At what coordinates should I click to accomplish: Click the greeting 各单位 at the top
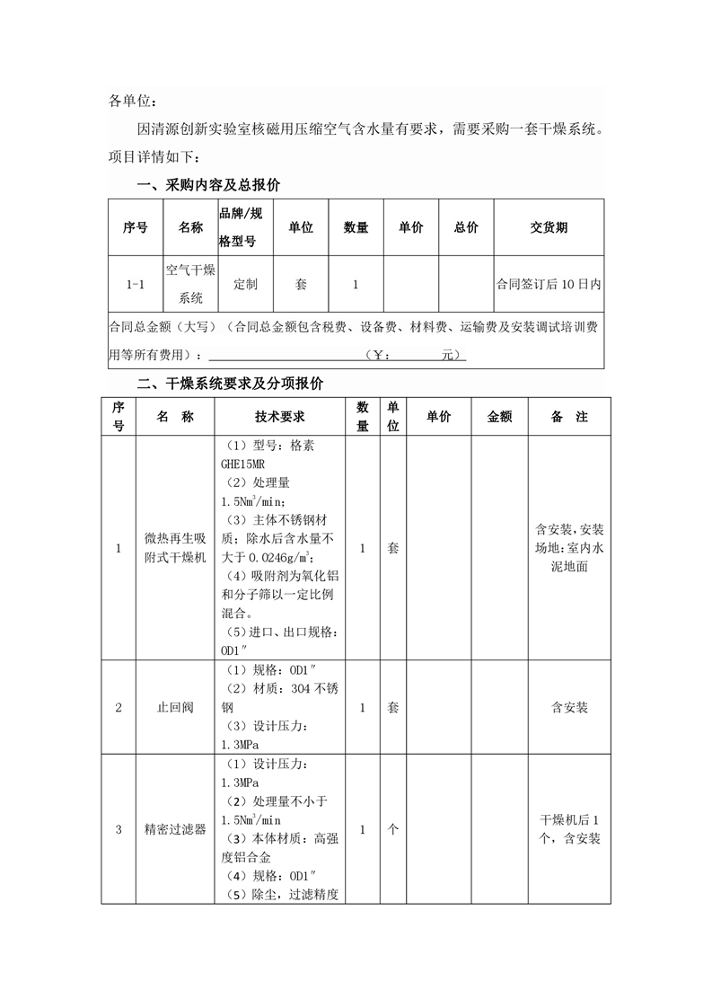click(x=132, y=102)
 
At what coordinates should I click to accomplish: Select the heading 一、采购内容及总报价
click(x=208, y=186)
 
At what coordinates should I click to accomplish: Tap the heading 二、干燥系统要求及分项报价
click(x=230, y=384)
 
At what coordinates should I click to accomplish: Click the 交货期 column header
click(x=549, y=228)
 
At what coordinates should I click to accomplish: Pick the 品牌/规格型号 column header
click(x=242, y=228)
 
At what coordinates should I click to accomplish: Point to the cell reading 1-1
click(x=135, y=284)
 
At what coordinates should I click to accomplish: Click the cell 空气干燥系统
click(x=190, y=284)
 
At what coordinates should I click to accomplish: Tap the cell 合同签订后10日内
click(x=549, y=284)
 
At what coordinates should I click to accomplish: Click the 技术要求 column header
click(x=280, y=417)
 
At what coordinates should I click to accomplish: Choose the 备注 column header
click(x=568, y=417)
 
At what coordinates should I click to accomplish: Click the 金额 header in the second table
click(x=499, y=417)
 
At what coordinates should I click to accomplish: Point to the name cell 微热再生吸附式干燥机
click(x=175, y=547)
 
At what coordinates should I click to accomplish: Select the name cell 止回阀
click(x=175, y=707)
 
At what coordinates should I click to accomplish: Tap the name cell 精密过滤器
click(x=175, y=829)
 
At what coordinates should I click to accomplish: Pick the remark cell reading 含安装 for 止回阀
click(x=568, y=707)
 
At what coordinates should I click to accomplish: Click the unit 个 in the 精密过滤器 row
click(x=392, y=829)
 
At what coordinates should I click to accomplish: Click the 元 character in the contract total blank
click(x=448, y=355)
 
